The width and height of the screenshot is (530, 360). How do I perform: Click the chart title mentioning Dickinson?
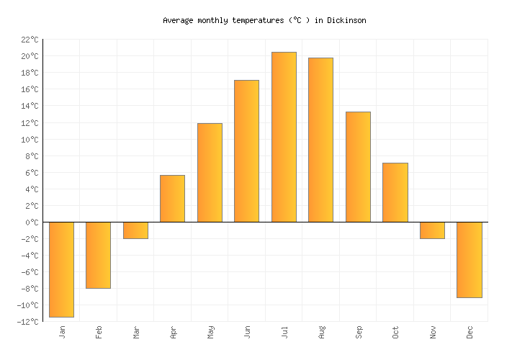tap(264, 21)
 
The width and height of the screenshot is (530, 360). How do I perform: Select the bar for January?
tap(61, 269)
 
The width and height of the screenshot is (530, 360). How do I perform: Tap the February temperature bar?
tap(98, 255)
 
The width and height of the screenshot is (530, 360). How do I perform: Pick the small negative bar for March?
tap(135, 230)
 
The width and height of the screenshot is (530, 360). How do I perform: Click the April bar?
tap(172, 199)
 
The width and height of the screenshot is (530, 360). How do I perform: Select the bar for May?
tap(210, 173)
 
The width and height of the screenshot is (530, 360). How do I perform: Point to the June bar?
tap(246, 151)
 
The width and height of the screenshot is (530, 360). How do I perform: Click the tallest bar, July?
tap(284, 137)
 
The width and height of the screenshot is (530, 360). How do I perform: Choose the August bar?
tap(320, 140)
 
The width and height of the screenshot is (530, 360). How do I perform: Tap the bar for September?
tap(358, 167)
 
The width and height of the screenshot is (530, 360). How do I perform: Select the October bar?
tap(395, 192)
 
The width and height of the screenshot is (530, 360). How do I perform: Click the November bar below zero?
tap(432, 230)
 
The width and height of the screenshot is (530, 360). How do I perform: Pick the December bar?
tap(469, 260)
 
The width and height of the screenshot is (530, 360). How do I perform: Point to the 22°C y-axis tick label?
tap(30, 40)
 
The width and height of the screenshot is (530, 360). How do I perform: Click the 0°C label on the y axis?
tap(32, 222)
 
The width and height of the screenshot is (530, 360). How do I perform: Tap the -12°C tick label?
tap(27, 322)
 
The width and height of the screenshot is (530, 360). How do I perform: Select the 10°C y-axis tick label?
tap(30, 140)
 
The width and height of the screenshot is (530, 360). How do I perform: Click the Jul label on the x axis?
tap(284, 333)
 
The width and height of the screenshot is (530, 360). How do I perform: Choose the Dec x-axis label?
tap(470, 333)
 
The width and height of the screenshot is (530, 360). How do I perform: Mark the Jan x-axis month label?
tap(62, 333)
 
